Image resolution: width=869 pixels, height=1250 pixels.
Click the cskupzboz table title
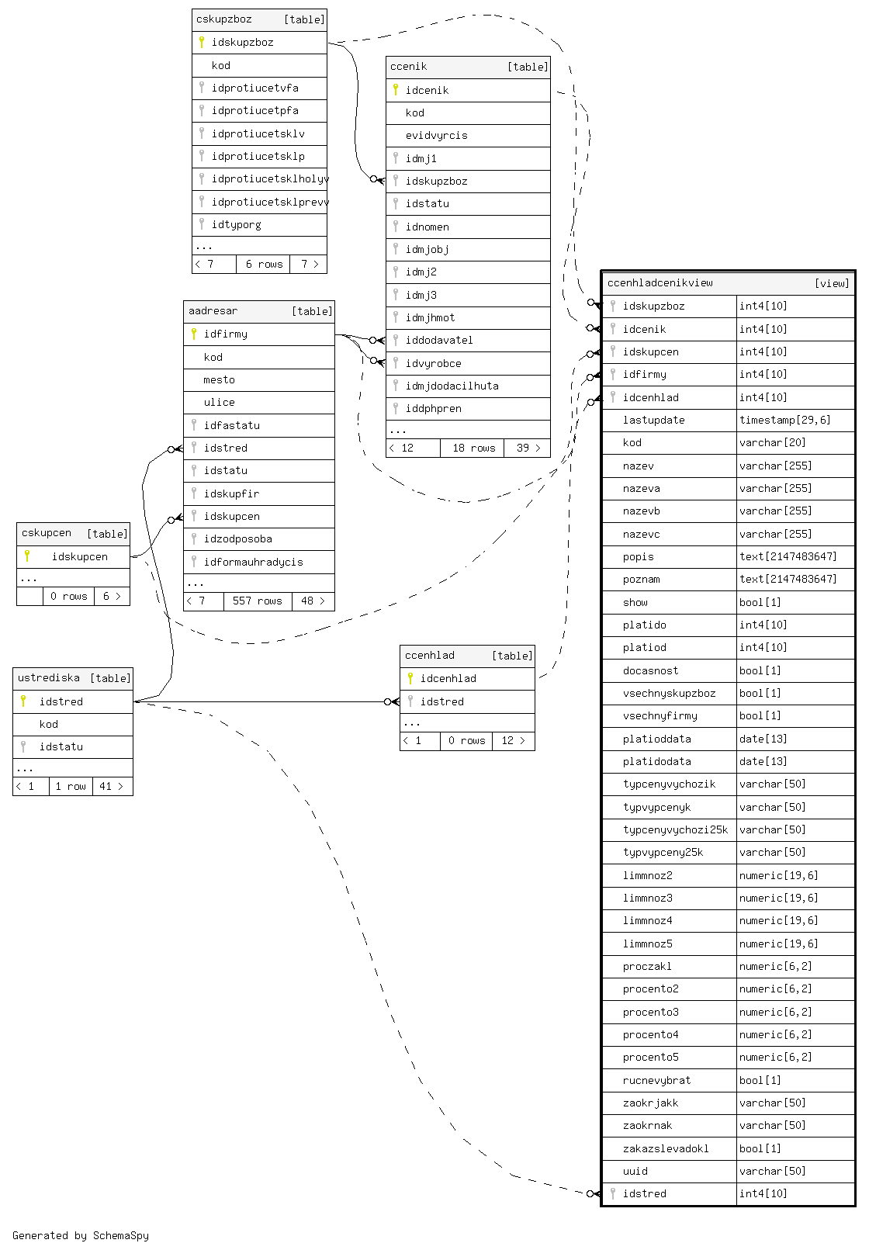(224, 19)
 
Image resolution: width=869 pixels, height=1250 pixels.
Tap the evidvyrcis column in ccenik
(436, 135)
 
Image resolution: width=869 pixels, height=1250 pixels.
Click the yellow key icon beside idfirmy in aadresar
(194, 334)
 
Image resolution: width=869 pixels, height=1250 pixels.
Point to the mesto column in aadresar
(219, 379)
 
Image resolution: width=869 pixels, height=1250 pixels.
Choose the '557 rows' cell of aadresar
(258, 601)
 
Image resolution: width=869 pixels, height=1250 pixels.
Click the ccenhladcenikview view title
(660, 283)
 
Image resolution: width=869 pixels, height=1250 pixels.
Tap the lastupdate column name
(653, 420)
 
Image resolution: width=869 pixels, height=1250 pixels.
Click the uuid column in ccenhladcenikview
(635, 1171)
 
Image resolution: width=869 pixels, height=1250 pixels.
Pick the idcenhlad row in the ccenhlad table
(448, 678)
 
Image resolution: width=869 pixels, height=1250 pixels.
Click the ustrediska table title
(49, 678)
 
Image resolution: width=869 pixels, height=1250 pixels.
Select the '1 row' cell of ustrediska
(71, 786)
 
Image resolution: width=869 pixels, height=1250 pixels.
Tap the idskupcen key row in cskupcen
(79, 556)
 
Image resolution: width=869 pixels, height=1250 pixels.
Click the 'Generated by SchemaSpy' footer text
(81, 1235)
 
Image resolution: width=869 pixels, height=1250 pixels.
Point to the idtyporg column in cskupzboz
(236, 224)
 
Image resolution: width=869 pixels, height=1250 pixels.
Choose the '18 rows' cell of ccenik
(473, 448)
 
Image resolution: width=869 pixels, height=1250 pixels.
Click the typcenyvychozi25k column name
(675, 829)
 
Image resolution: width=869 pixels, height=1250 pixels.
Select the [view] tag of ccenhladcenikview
(832, 283)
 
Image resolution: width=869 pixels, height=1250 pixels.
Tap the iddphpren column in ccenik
(433, 408)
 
